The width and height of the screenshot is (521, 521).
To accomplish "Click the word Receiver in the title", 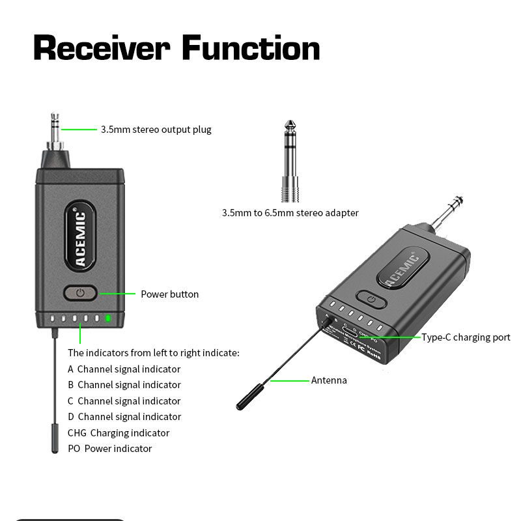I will point(102,48).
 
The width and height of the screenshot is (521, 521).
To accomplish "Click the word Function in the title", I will point(251,48).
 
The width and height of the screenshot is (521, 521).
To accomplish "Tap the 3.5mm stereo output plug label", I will point(156,130).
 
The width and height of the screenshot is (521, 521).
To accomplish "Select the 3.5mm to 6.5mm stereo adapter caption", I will point(290,213).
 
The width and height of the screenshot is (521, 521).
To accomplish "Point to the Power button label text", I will point(169,294).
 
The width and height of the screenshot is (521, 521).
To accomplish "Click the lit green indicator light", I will point(109,319).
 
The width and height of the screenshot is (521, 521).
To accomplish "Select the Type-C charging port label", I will point(465,337).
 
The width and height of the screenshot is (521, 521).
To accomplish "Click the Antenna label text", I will point(329,380).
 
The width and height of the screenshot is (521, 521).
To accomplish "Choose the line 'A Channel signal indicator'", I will point(124,369).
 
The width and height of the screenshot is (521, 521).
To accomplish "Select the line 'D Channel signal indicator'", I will point(124,417).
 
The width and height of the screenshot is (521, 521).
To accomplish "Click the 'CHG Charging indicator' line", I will point(118,433).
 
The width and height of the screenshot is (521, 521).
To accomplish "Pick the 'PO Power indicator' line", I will point(109,449).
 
